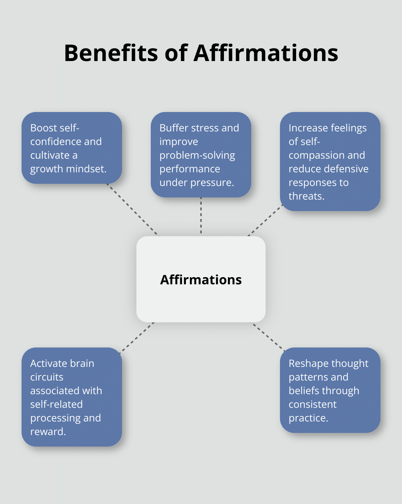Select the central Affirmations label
click(201, 280)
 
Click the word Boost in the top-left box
click(43, 128)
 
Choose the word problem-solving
click(197, 155)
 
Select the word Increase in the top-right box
click(307, 128)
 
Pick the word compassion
click(313, 155)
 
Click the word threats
click(306, 196)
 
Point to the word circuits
click(47, 377)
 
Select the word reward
click(48, 431)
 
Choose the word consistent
click(313, 404)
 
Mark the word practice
click(308, 418)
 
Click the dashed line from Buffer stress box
click(201, 216)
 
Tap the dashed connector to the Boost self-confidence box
click(132, 210)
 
